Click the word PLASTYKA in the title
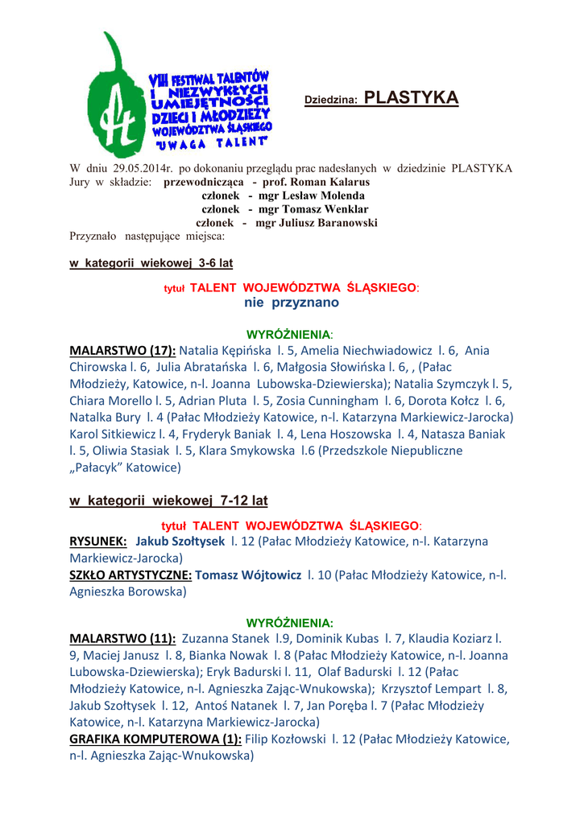click(411, 98)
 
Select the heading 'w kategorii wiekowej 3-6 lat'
click(151, 263)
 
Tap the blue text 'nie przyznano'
click(291, 303)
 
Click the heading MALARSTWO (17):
click(122, 351)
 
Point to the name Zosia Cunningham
click(339, 401)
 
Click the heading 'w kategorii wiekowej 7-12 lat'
click(168, 501)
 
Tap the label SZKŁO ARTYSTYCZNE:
click(130, 575)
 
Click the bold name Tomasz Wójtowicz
click(247, 575)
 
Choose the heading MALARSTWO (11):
click(122, 638)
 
